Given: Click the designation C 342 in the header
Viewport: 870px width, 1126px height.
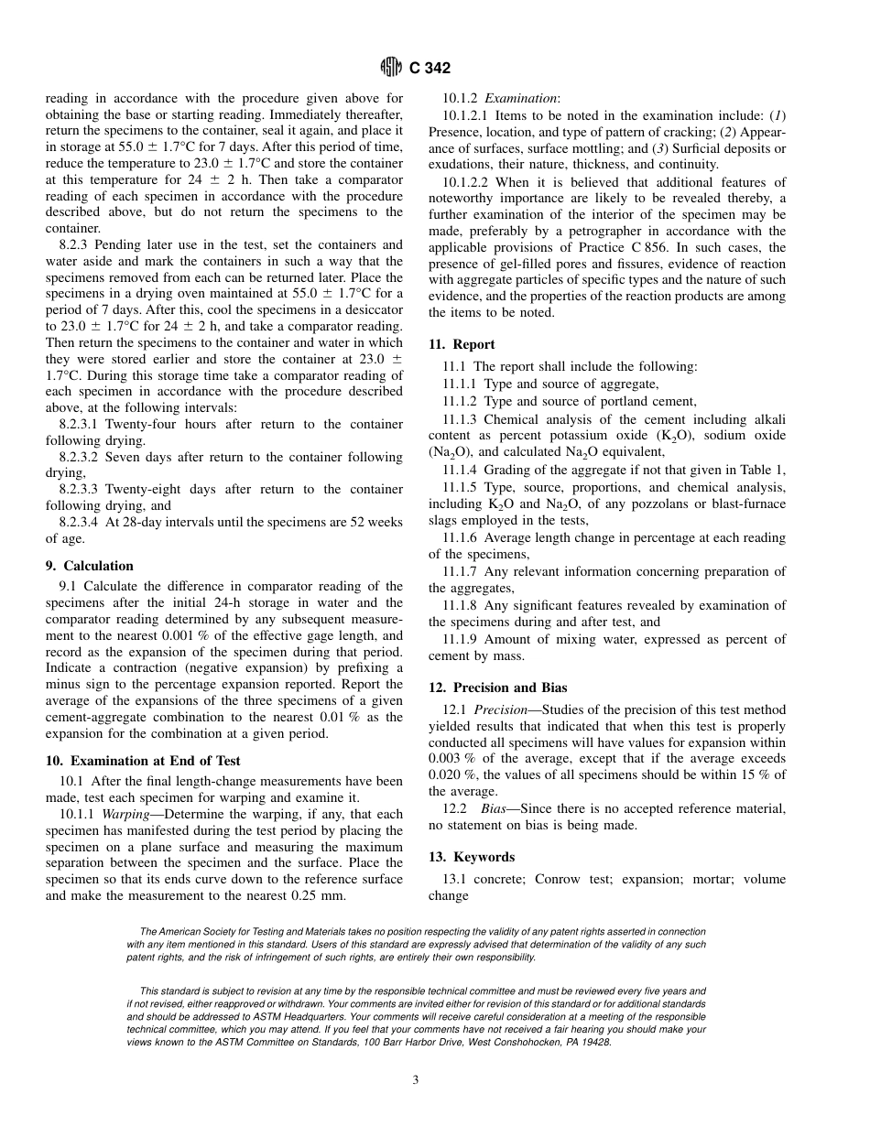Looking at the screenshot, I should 429,68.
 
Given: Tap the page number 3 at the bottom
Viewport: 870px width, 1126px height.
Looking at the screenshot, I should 415,1080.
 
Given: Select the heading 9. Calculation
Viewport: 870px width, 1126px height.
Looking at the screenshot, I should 89,566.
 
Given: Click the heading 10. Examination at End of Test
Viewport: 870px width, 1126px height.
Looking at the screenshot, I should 142,760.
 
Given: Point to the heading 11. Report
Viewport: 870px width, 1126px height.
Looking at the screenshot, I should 462,344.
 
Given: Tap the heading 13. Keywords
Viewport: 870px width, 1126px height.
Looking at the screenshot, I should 472,857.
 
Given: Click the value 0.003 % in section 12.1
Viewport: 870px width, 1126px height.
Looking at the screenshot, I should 452,758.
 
